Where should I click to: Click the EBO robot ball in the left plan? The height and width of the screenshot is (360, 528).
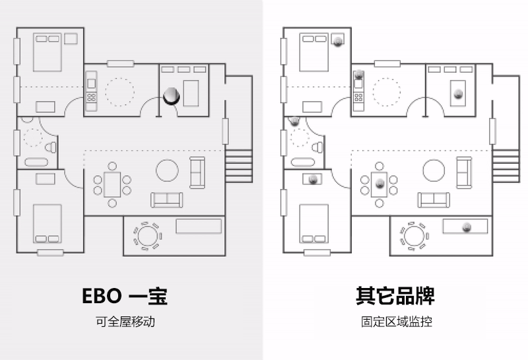(171, 96)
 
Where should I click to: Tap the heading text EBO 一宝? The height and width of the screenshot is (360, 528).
(125, 295)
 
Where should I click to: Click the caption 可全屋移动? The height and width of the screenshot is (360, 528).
(125, 322)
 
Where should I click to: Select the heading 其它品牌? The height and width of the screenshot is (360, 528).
(395, 295)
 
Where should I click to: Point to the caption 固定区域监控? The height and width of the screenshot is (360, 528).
(396, 322)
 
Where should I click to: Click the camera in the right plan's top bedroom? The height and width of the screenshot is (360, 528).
(338, 40)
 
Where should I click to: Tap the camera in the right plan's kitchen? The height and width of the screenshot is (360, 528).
(359, 75)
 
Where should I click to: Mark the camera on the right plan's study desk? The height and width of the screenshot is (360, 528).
(458, 93)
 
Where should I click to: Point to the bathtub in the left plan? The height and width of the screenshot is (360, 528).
(37, 162)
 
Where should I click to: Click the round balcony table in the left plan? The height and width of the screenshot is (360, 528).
(147, 236)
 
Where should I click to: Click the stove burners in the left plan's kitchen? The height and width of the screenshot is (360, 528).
(91, 98)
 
